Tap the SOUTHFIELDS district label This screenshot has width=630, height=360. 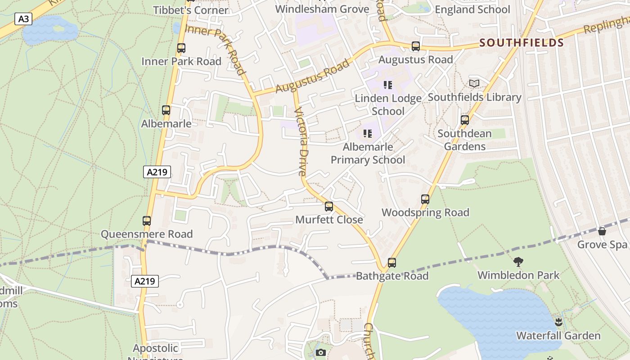click(521, 43)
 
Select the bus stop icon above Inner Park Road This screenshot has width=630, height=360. click(181, 48)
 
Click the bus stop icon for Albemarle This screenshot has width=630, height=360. click(166, 110)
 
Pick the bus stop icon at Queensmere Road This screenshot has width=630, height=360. click(147, 221)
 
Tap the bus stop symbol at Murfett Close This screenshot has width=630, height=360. click(329, 207)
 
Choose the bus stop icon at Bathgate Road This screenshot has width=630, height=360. click(392, 263)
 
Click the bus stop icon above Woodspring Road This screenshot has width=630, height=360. click(425, 199)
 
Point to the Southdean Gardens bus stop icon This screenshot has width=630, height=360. click(465, 120)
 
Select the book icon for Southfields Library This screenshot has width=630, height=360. click(474, 83)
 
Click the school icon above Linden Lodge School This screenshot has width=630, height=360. click(388, 85)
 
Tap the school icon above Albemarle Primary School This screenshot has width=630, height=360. click(368, 133)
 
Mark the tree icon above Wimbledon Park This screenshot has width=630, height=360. click(518, 261)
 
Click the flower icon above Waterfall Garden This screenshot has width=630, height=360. click(558, 322)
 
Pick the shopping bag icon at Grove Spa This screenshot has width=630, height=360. click(602, 231)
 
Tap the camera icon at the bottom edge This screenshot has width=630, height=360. click(321, 352)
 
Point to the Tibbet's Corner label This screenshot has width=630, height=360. click(191, 10)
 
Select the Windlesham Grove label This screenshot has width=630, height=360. click(322, 9)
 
